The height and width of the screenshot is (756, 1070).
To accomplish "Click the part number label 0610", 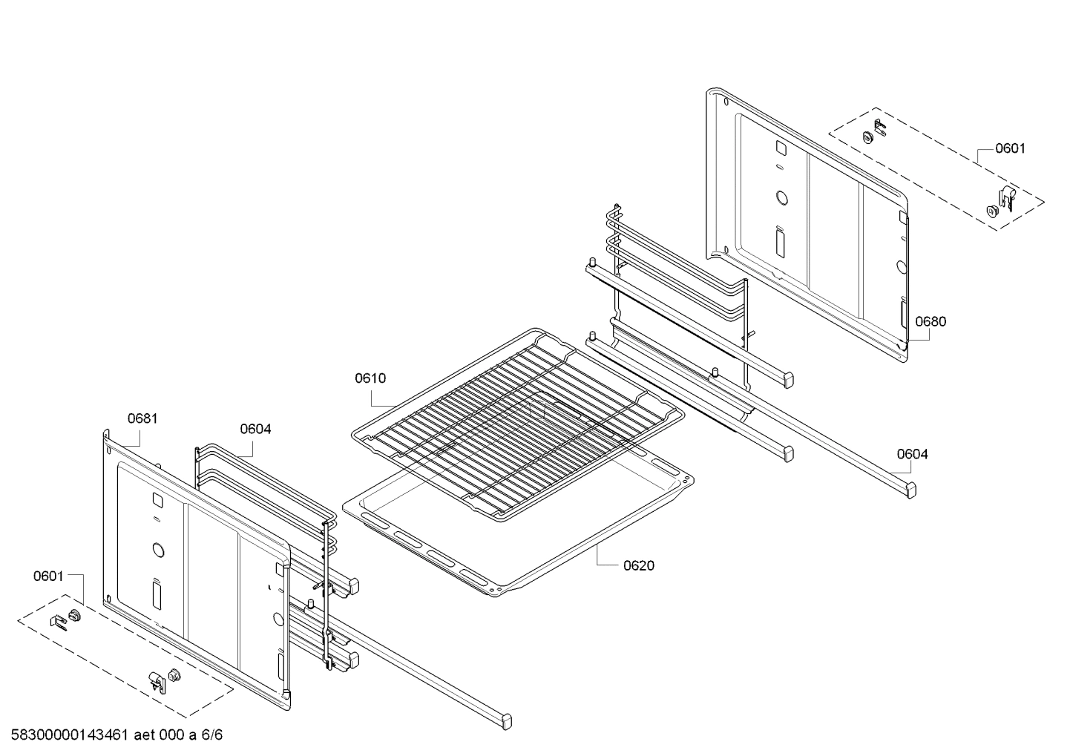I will coord(370,378).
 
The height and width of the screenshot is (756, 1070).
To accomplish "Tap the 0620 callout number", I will coord(638,566).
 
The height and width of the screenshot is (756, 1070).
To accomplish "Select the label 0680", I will coord(930,322).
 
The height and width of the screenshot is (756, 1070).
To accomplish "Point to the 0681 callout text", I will coord(142,418).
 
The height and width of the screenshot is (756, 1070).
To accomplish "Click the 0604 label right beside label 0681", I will coord(255,429).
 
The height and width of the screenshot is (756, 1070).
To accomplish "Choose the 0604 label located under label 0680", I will coord(912,454).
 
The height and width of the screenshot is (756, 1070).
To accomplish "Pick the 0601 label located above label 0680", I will coord(1010,148).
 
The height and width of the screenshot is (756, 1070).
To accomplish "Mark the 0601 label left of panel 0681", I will coord(48,576).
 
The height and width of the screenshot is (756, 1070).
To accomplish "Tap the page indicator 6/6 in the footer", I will coord(212,735).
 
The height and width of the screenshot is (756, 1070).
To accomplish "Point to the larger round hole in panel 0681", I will coord(158,550).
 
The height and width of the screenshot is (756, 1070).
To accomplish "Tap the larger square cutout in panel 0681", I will coord(157,499).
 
